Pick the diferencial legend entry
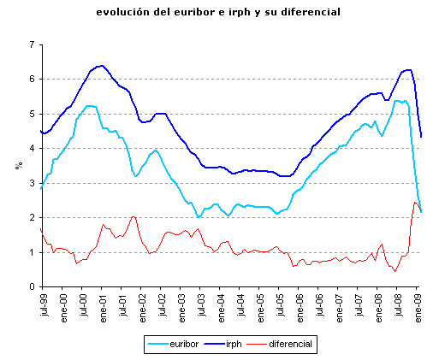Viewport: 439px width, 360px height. click(x=290, y=344)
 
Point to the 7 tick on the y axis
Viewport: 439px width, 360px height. click(x=32, y=44)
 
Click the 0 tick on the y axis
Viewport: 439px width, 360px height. click(x=32, y=287)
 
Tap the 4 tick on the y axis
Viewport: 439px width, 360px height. click(x=32, y=149)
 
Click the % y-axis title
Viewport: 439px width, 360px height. click(x=18, y=165)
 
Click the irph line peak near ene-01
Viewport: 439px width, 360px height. click(x=101, y=65)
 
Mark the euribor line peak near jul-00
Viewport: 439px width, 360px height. click(x=90, y=105)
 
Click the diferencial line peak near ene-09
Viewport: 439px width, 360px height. click(x=415, y=202)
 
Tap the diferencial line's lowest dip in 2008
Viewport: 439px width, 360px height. click(x=395, y=271)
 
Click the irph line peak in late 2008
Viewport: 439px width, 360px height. click(x=409, y=69)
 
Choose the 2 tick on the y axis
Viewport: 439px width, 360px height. click(x=32, y=218)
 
